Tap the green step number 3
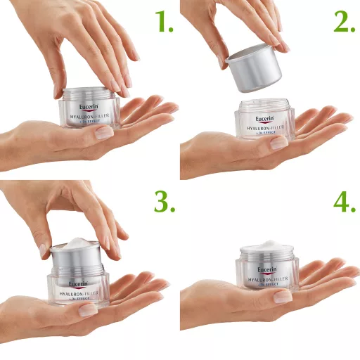[164, 202]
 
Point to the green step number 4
[344, 202]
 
